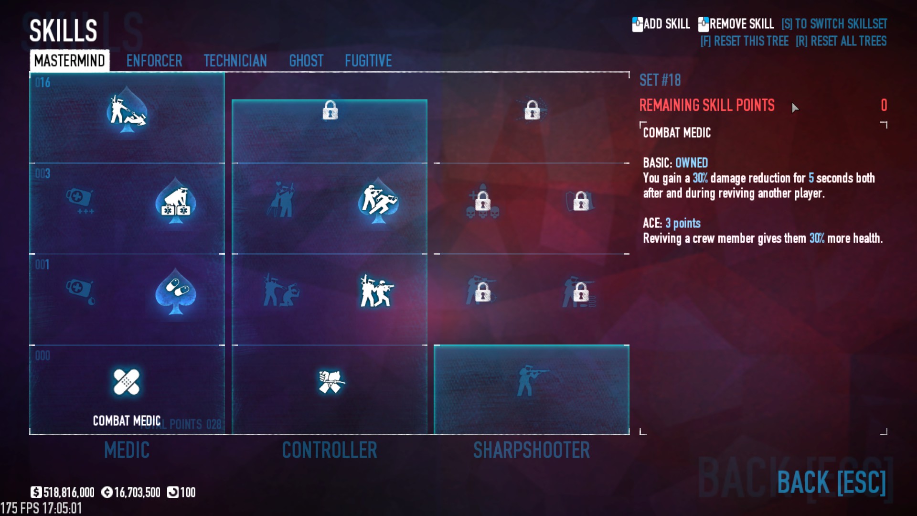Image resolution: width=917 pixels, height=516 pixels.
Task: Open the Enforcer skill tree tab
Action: click(154, 61)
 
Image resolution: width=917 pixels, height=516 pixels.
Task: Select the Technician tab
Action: click(235, 61)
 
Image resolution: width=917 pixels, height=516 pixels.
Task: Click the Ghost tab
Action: click(306, 61)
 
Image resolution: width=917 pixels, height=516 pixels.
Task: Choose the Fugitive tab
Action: click(368, 61)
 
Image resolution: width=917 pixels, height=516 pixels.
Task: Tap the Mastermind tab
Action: click(70, 61)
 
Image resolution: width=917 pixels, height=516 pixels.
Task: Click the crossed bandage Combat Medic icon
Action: click(127, 382)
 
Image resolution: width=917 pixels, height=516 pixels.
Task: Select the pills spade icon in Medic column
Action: click(176, 291)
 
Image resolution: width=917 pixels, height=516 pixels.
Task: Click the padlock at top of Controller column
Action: click(330, 110)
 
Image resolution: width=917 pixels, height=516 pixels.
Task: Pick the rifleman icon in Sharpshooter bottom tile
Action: click(531, 380)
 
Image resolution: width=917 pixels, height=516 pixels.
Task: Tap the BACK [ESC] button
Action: click(831, 482)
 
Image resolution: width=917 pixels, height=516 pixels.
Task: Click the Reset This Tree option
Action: click(744, 41)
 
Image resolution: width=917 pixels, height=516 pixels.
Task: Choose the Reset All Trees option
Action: click(841, 41)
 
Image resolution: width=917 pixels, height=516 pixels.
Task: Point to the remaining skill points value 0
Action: click(884, 105)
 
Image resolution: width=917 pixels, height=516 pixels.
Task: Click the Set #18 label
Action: click(660, 80)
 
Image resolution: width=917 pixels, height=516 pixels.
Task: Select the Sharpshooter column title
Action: click(531, 450)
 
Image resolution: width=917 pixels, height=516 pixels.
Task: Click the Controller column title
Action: click(329, 450)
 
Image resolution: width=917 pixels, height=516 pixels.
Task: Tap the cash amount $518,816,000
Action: click(63, 493)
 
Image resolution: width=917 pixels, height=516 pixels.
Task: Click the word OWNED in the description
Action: click(691, 163)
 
